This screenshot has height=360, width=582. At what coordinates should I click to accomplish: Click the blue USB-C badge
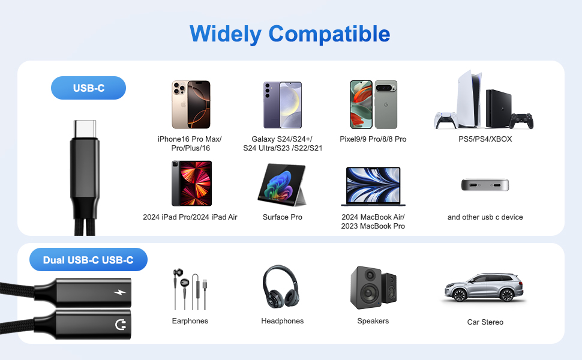pyautogui.click(x=88, y=88)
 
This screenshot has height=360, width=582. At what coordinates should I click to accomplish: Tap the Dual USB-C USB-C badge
pyautogui.click(x=88, y=260)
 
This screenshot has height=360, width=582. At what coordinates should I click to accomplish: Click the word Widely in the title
pyautogui.click(x=226, y=34)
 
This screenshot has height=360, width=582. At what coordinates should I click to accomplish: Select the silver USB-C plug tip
pyautogui.click(x=85, y=129)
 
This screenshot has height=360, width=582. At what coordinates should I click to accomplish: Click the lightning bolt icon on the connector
pyautogui.click(x=120, y=292)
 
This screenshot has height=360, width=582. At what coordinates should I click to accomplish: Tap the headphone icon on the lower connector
pyautogui.click(x=121, y=325)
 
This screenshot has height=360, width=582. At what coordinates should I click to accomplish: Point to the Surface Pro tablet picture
pyautogui.click(x=282, y=185)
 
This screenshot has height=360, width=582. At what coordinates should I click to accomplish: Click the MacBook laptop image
pyautogui.click(x=373, y=187)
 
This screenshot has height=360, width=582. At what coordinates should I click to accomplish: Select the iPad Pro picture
pyautogui.click(x=191, y=184)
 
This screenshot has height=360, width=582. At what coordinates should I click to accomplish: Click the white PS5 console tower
pyautogui.click(x=469, y=99)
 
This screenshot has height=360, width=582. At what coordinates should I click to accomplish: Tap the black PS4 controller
pyautogui.click(x=521, y=121)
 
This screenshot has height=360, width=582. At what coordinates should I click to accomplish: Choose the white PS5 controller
pyautogui.click(x=445, y=120)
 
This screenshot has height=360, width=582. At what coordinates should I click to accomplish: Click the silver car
pyautogui.click(x=484, y=287)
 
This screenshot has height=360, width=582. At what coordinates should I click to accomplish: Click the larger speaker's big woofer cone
pyautogui.click(x=368, y=293)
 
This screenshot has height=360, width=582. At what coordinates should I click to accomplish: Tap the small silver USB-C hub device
pyautogui.click(x=485, y=184)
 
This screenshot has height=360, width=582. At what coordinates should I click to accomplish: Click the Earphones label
pyautogui.click(x=190, y=320)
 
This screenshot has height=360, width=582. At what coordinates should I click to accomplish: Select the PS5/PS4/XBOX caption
pyautogui.click(x=485, y=139)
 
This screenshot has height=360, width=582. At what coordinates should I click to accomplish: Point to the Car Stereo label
pyautogui.click(x=485, y=322)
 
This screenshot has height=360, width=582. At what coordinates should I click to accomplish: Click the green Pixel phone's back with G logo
pyautogui.click(x=386, y=104)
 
